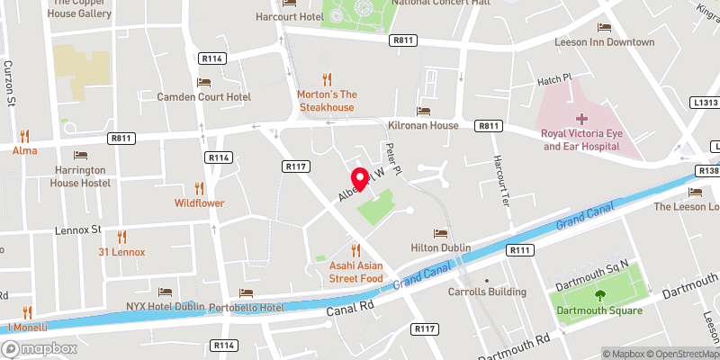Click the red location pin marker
click(358, 177)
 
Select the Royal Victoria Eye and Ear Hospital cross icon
click(581, 118)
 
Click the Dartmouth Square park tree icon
click(598, 295)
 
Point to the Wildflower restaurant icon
click(200, 188)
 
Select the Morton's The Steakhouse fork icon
click(328, 79)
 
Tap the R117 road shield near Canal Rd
click(426, 329)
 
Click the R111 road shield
click(519, 250)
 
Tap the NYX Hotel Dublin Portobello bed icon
click(165, 292)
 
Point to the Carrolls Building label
click(488, 292)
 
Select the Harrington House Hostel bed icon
click(80, 155)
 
